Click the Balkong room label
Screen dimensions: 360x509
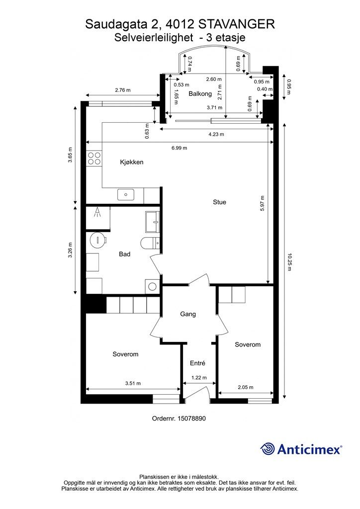tap(200, 94)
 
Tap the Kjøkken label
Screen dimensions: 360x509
tap(131, 162)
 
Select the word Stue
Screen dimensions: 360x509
tap(219, 202)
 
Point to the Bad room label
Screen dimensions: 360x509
tap(124, 254)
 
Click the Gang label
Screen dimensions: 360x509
tap(188, 314)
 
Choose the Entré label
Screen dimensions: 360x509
tap(198, 363)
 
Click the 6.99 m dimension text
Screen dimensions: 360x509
tap(180, 148)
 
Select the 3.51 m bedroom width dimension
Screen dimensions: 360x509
tap(133, 383)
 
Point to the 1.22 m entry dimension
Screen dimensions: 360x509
tap(199, 378)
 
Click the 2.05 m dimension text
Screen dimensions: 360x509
tap(246, 387)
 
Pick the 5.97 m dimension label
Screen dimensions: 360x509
tap(262, 203)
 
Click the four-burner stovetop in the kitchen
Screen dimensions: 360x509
tap(94, 159)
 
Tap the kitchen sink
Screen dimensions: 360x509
tap(126, 195)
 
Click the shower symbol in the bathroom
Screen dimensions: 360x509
tap(97, 213)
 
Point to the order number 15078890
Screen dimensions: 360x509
tap(191, 419)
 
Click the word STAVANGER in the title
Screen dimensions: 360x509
tap(236, 24)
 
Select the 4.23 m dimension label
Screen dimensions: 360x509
tap(216, 134)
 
